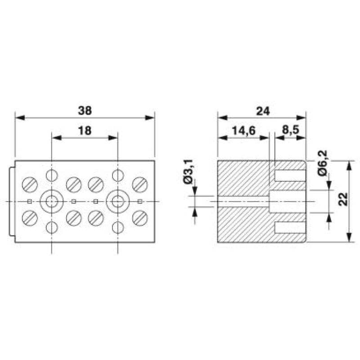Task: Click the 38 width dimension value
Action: [85, 111]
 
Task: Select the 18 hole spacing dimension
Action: [85, 131]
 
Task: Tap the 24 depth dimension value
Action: [263, 111]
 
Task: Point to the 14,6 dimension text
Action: [243, 131]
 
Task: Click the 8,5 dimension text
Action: [291, 130]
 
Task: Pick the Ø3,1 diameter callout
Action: [188, 172]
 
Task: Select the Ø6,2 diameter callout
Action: [323, 163]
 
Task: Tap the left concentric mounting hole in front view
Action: [52, 202]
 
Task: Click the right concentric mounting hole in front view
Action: [118, 202]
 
